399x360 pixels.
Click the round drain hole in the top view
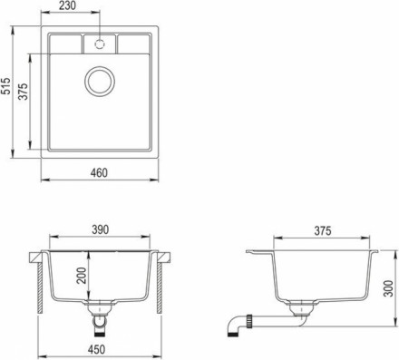99,83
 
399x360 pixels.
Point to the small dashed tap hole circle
99,43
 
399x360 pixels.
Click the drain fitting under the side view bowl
297,315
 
